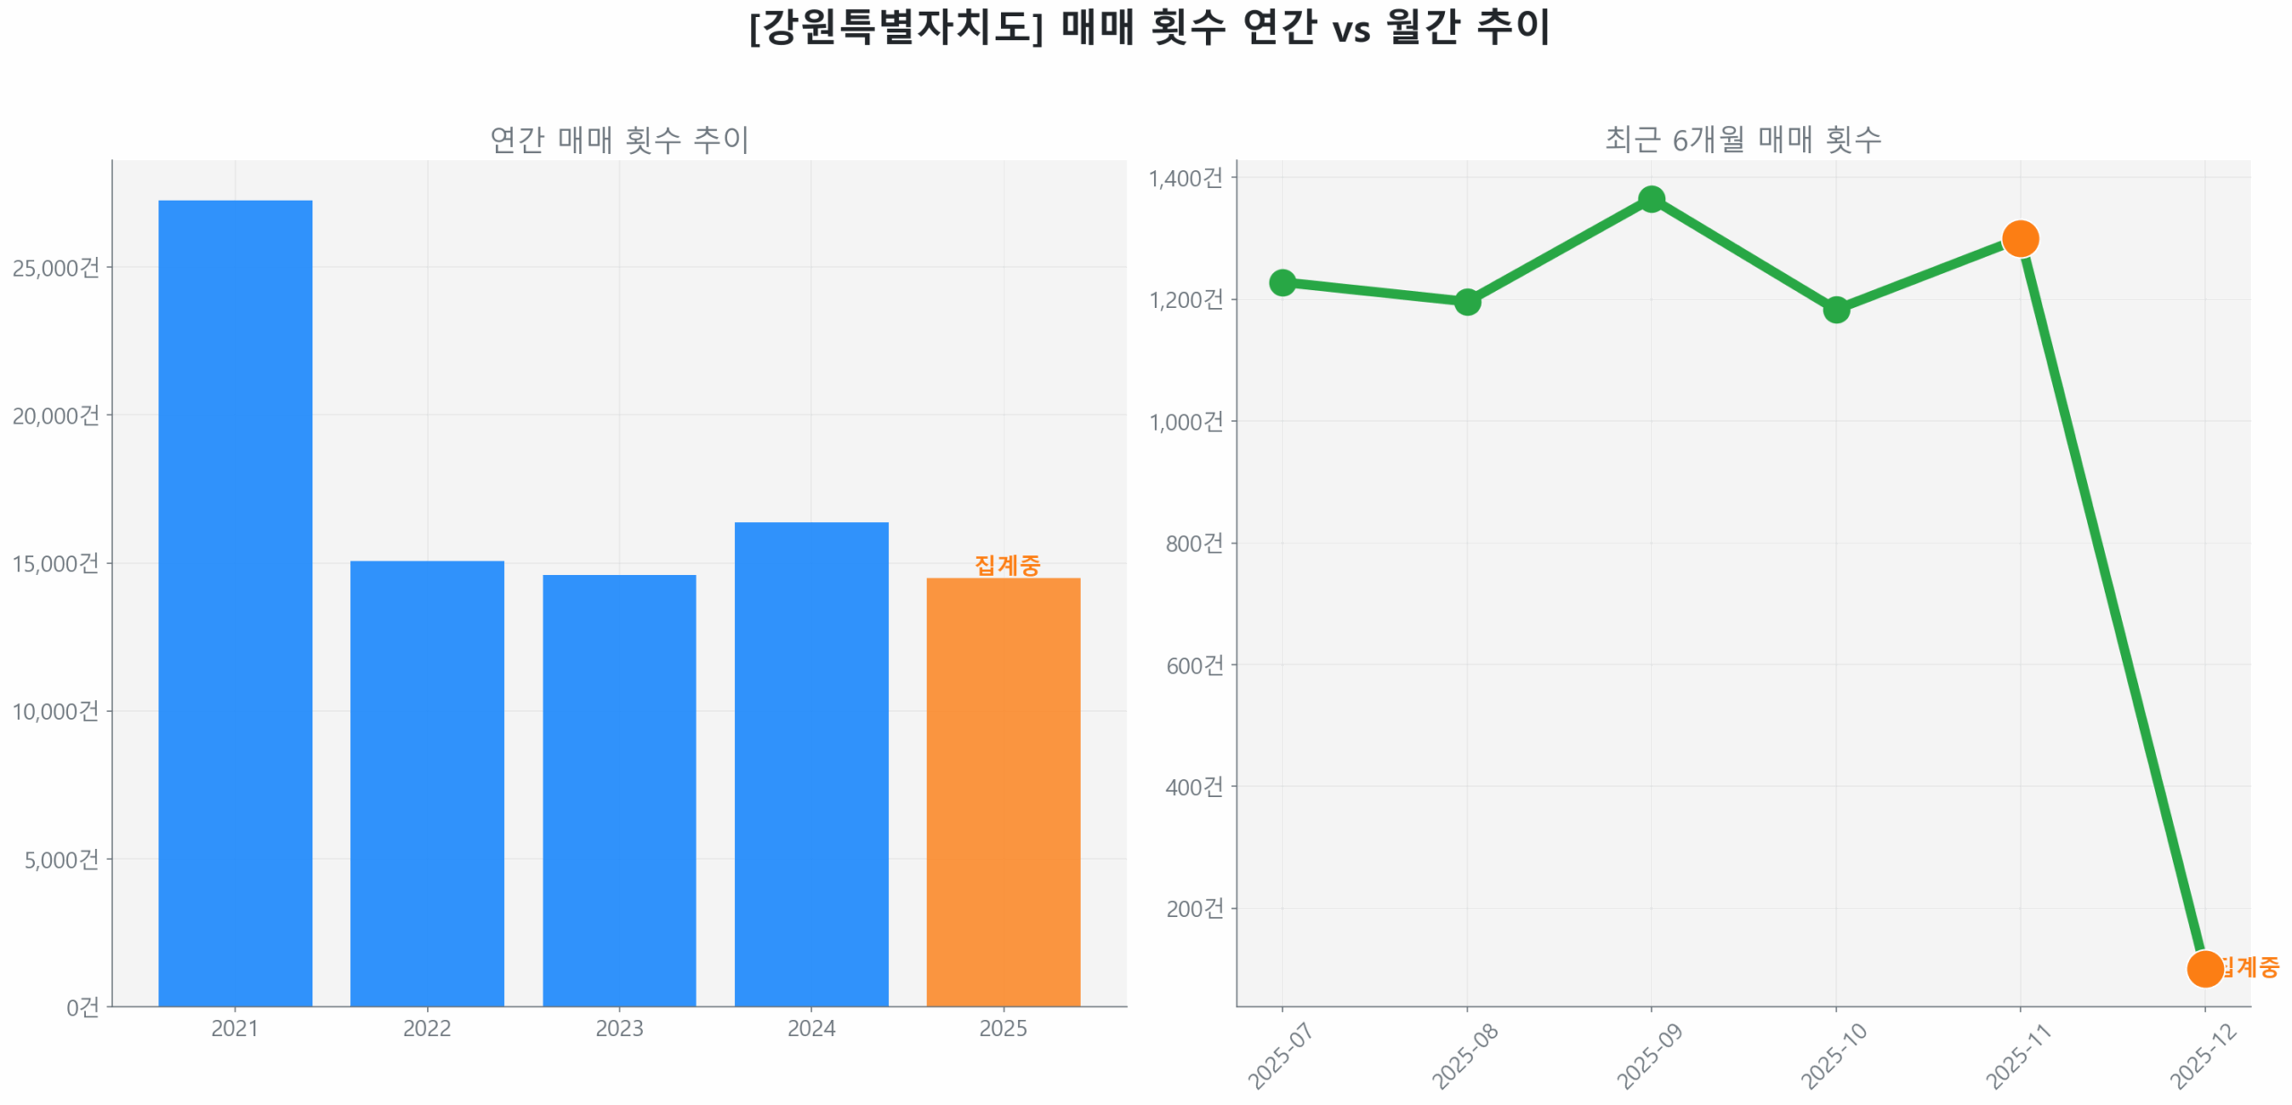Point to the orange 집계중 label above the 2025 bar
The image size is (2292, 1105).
[x=1006, y=564]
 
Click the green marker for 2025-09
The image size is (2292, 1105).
[x=1650, y=199]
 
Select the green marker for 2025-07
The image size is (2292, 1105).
[x=1281, y=282]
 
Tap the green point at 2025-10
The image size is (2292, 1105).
[x=1834, y=309]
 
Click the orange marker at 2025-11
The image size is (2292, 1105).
[x=2019, y=238]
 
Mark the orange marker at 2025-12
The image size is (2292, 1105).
[x=2203, y=967]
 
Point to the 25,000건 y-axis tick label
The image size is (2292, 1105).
[x=56, y=267]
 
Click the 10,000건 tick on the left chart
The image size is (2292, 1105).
[x=56, y=710]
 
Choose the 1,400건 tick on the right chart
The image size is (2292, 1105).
[x=1184, y=177]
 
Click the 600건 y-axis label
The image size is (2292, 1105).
[x=1193, y=664]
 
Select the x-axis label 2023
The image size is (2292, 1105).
[x=619, y=1027]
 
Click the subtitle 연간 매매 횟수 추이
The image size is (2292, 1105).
[x=619, y=139]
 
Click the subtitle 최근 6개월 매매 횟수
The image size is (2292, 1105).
[x=1741, y=139]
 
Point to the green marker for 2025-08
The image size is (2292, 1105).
[x=1466, y=301]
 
